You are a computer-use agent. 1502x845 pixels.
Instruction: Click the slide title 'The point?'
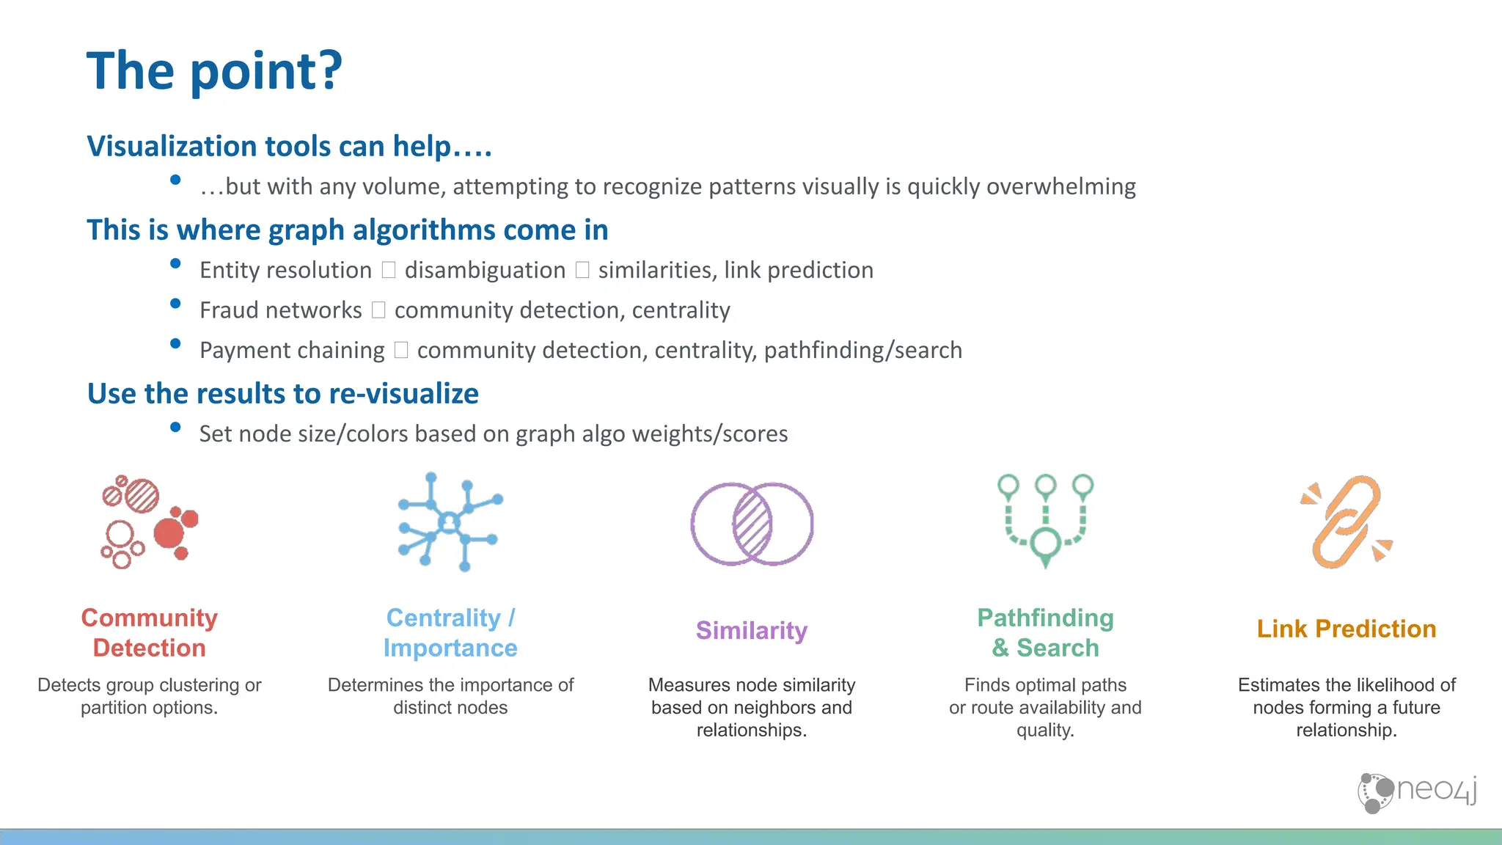[214, 71]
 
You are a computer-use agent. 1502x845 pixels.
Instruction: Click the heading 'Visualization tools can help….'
[289, 146]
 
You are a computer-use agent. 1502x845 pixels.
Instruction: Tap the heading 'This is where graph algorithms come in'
[348, 230]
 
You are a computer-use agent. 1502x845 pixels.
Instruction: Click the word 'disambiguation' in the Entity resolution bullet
[485, 270]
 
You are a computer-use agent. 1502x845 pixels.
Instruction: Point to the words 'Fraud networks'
[281, 310]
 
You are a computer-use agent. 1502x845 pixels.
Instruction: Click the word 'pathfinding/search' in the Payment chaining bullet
[862, 350]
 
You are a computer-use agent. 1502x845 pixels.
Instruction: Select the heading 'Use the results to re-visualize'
[283, 394]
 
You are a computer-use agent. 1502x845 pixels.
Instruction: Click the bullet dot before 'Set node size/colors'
[175, 427]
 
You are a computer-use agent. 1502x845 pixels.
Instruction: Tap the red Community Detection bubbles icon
[150, 522]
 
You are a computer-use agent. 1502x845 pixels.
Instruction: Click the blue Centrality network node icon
[450, 522]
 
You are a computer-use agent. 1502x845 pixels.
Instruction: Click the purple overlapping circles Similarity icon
[752, 524]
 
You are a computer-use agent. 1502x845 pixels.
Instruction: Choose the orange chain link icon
[1346, 522]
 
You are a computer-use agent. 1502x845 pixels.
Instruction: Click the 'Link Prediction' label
[1346, 629]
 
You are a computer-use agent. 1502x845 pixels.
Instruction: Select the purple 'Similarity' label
[752, 630]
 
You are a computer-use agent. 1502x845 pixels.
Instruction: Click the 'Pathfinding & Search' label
[1045, 632]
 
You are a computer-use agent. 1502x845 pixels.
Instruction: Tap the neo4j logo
[1417, 792]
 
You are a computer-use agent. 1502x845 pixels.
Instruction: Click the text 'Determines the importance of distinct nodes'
[450, 696]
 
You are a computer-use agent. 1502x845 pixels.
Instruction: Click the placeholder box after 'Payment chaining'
[400, 350]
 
